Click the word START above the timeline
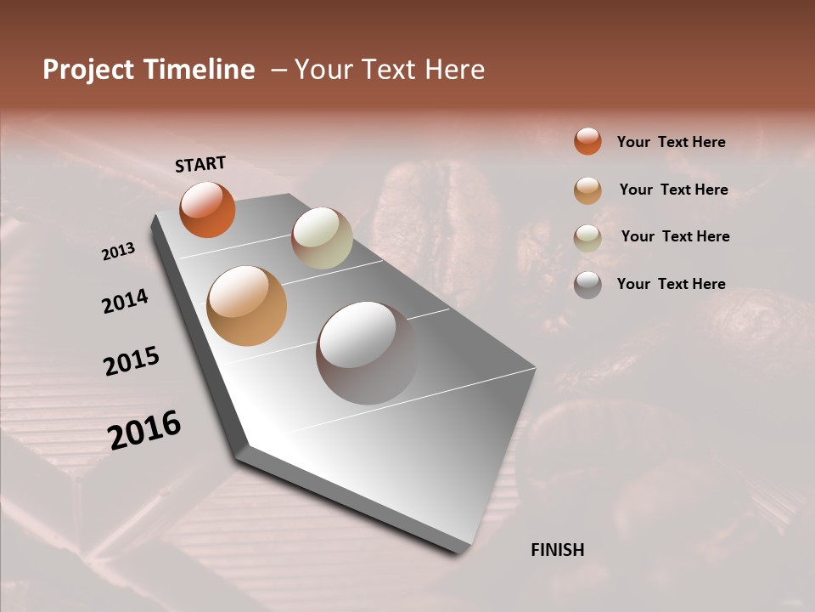point(200,164)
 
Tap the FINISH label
point(557,550)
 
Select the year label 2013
point(118,252)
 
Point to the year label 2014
point(125,301)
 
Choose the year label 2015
point(131,361)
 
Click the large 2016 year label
point(143,430)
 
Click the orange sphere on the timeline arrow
point(207,210)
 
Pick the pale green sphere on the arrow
point(322,238)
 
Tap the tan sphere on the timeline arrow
point(247,306)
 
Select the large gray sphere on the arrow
point(367,353)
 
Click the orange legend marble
point(587,141)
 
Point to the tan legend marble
point(587,190)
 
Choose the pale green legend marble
point(587,237)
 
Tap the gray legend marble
point(587,285)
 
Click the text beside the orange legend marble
point(671,142)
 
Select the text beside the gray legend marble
point(671,284)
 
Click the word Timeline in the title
point(200,70)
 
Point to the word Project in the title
point(88,71)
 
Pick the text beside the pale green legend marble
point(675,236)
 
